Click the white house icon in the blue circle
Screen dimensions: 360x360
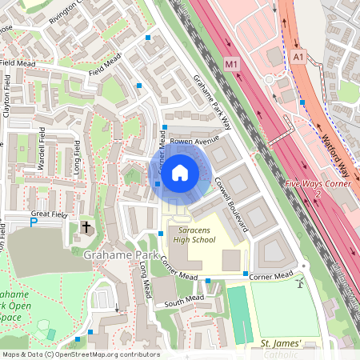[x=180, y=172]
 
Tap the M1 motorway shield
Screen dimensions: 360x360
[x=232, y=63]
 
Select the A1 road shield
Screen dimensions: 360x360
[x=298, y=57]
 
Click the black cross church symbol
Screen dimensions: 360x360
[x=86, y=228]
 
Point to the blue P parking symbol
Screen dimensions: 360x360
[x=34, y=222]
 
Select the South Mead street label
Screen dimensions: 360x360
[x=185, y=299]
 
